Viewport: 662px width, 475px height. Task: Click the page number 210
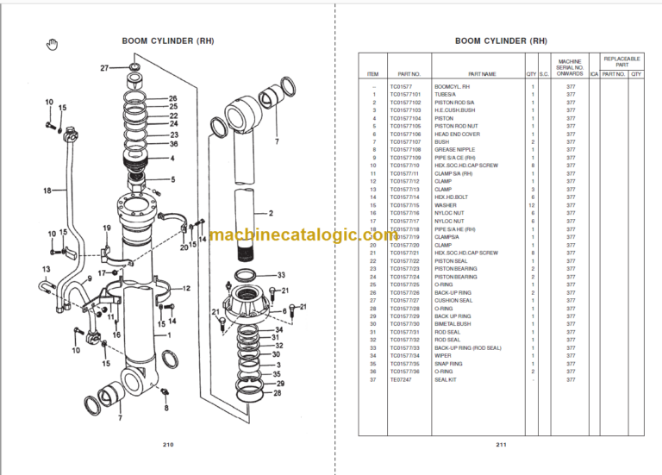(168, 444)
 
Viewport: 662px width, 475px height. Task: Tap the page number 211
(501, 444)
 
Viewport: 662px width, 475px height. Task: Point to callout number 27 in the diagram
(104, 67)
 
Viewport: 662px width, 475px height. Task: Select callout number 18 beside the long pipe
(48, 190)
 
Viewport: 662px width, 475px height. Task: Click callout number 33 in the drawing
(281, 275)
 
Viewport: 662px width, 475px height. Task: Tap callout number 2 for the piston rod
(270, 213)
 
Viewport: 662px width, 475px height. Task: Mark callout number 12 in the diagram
(186, 288)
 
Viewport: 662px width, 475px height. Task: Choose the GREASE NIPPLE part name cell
(453, 150)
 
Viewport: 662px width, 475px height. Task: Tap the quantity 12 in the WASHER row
(532, 205)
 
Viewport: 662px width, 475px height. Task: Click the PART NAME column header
(483, 74)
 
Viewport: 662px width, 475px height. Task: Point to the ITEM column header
(372, 74)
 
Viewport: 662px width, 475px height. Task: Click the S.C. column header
(544, 74)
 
